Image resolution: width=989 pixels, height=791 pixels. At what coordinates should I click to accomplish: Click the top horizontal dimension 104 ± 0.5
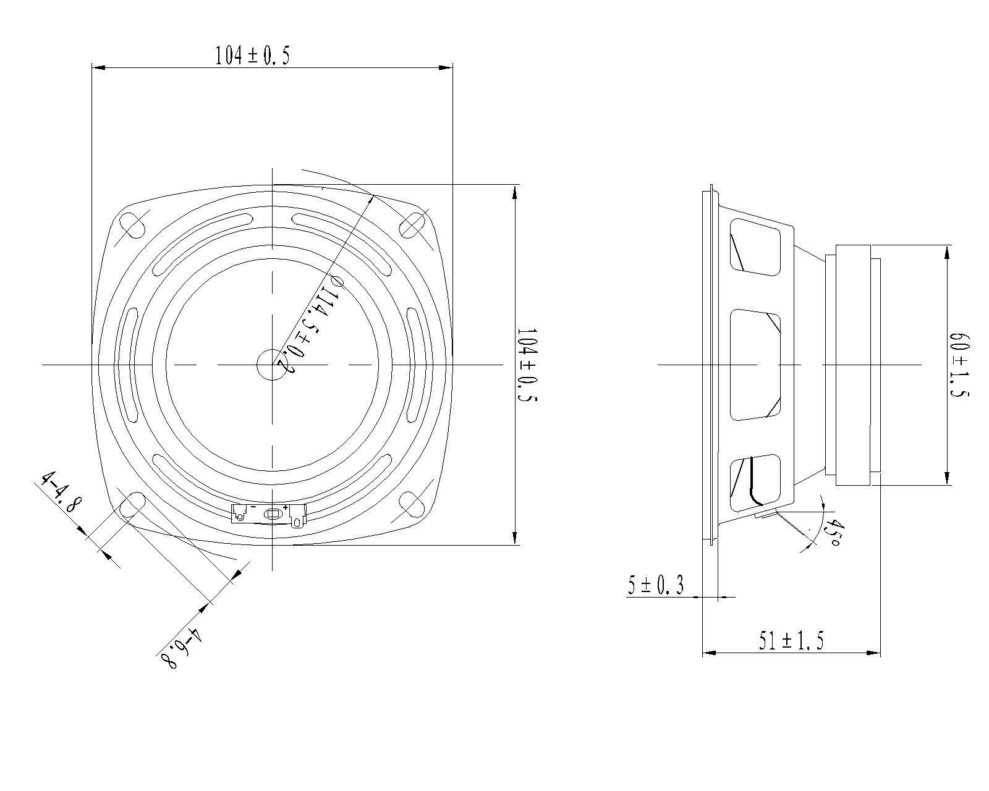[252, 56]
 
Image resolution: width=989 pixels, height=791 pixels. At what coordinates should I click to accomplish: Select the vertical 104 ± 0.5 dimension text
[527, 365]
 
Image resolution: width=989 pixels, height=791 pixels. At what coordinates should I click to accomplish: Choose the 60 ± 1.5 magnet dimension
[959, 365]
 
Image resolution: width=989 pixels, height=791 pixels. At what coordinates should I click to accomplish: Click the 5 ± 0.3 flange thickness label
[655, 585]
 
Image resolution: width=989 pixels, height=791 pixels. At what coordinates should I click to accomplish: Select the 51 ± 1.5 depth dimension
[791, 640]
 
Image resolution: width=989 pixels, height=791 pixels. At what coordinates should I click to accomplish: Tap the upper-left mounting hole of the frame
[134, 225]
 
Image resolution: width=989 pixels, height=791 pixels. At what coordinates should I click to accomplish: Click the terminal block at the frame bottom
[268, 514]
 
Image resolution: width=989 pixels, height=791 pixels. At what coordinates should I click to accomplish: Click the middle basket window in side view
[755, 365]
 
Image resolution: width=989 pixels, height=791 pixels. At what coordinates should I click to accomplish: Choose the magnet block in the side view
[853, 365]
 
